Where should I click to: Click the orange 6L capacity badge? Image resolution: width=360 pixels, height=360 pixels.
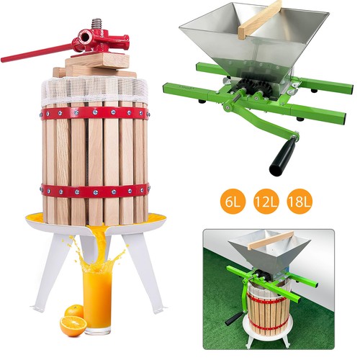232,202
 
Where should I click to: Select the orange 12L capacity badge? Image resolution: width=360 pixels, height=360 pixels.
266,202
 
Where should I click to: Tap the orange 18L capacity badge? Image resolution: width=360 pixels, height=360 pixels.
300,202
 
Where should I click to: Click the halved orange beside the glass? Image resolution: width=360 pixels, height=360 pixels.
73,325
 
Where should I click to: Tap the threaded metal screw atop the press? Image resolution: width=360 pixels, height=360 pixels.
96,24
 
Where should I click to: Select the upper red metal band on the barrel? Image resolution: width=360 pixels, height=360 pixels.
94,113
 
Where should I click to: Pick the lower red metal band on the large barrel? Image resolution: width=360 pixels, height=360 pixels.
95,191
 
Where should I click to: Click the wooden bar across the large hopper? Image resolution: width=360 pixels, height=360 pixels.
260,20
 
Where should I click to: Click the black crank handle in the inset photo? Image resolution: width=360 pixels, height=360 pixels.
233,318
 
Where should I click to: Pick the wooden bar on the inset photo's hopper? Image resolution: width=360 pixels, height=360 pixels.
271,240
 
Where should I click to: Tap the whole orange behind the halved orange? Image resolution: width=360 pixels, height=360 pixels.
74,311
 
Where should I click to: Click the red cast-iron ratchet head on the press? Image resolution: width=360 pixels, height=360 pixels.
101,41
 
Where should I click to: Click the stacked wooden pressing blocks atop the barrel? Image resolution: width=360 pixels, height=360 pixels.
96,66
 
